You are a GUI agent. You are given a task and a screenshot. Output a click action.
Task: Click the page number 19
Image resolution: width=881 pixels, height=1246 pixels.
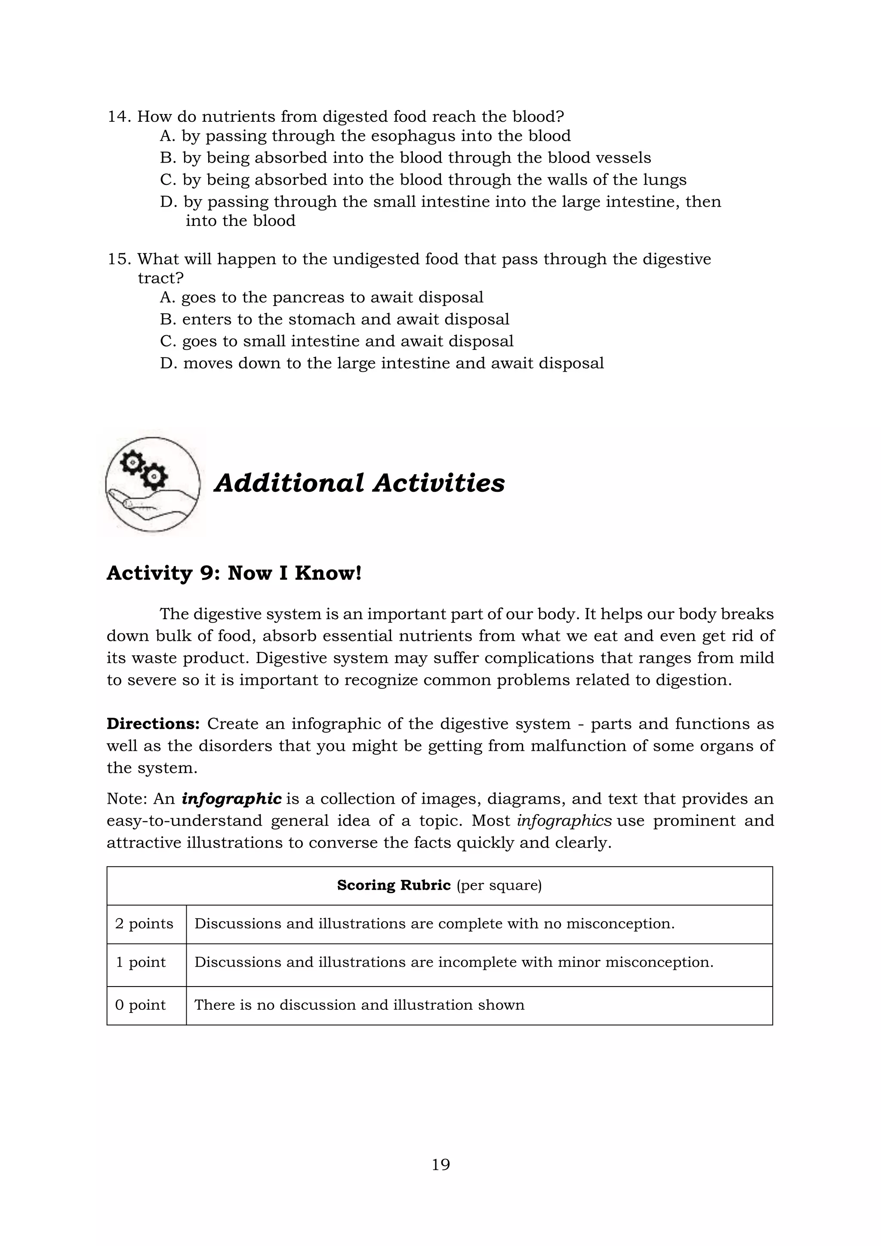(440, 1165)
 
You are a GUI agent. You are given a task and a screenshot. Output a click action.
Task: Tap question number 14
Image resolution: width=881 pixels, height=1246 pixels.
(119, 117)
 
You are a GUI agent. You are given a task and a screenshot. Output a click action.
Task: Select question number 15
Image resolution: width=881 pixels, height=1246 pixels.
(119, 259)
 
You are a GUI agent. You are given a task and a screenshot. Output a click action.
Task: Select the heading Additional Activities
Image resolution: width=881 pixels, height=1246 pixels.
(360, 482)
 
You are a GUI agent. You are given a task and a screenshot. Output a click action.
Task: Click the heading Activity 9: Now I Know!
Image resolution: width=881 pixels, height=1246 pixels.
(234, 573)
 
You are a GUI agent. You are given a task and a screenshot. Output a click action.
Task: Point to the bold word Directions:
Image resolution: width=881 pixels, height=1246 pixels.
(153, 724)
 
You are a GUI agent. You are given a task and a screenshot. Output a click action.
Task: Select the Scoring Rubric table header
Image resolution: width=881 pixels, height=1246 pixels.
(439, 885)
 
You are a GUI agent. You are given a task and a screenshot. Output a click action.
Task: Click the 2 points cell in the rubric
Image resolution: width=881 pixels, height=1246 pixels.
(144, 924)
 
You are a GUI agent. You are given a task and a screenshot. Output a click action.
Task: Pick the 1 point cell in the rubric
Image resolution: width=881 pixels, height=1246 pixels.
(141, 962)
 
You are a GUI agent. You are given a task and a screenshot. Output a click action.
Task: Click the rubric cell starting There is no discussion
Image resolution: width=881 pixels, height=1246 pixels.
(359, 1005)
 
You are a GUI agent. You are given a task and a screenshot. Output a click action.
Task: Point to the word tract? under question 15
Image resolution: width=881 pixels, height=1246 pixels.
(160, 278)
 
